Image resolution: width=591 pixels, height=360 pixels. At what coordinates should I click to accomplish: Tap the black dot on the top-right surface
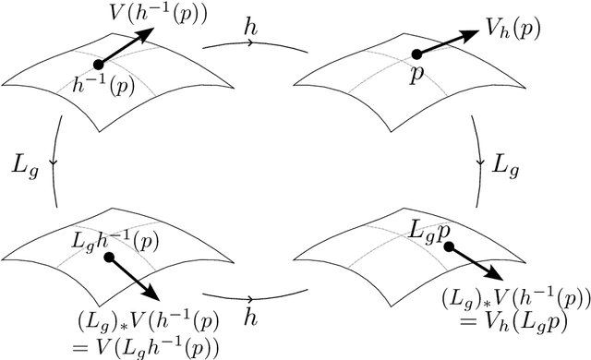coord(417,55)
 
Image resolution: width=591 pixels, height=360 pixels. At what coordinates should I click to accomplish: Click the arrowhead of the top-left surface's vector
coord(148,32)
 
